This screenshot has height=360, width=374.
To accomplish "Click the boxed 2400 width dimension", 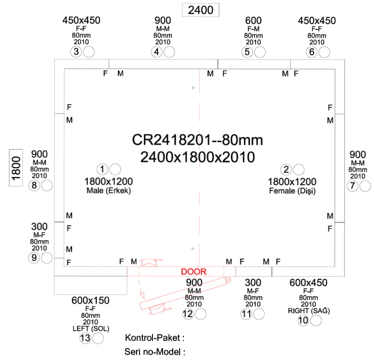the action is click(200, 10).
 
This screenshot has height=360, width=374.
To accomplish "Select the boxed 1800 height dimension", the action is click(16, 168).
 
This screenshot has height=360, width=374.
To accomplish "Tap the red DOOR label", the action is click(193, 272).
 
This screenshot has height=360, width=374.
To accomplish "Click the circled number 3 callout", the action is click(76, 52).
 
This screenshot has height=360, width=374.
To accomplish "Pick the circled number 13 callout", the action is click(85, 338).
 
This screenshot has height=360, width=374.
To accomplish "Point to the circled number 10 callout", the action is click(303, 320).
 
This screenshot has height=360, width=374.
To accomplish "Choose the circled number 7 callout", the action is click(352, 186).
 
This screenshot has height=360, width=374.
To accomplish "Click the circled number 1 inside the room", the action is click(102, 169).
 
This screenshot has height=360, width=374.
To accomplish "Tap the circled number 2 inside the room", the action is click(286, 169).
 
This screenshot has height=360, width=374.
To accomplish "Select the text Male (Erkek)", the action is click(109, 191).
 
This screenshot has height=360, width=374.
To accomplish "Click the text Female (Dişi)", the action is click(292, 191).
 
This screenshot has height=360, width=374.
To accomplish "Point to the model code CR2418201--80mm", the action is click(198, 140).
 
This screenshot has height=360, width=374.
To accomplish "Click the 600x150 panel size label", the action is click(90, 301).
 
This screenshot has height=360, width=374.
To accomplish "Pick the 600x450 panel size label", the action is click(309, 283).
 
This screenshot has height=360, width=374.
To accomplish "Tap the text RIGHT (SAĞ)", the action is click(309, 311).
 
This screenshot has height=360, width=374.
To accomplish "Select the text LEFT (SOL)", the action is click(91, 329).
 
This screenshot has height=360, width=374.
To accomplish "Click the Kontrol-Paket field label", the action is click(155, 338).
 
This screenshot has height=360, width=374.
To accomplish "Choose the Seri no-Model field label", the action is click(155, 352).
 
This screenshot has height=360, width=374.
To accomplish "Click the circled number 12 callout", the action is click(188, 314).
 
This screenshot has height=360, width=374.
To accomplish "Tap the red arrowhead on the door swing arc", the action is click(142, 295).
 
